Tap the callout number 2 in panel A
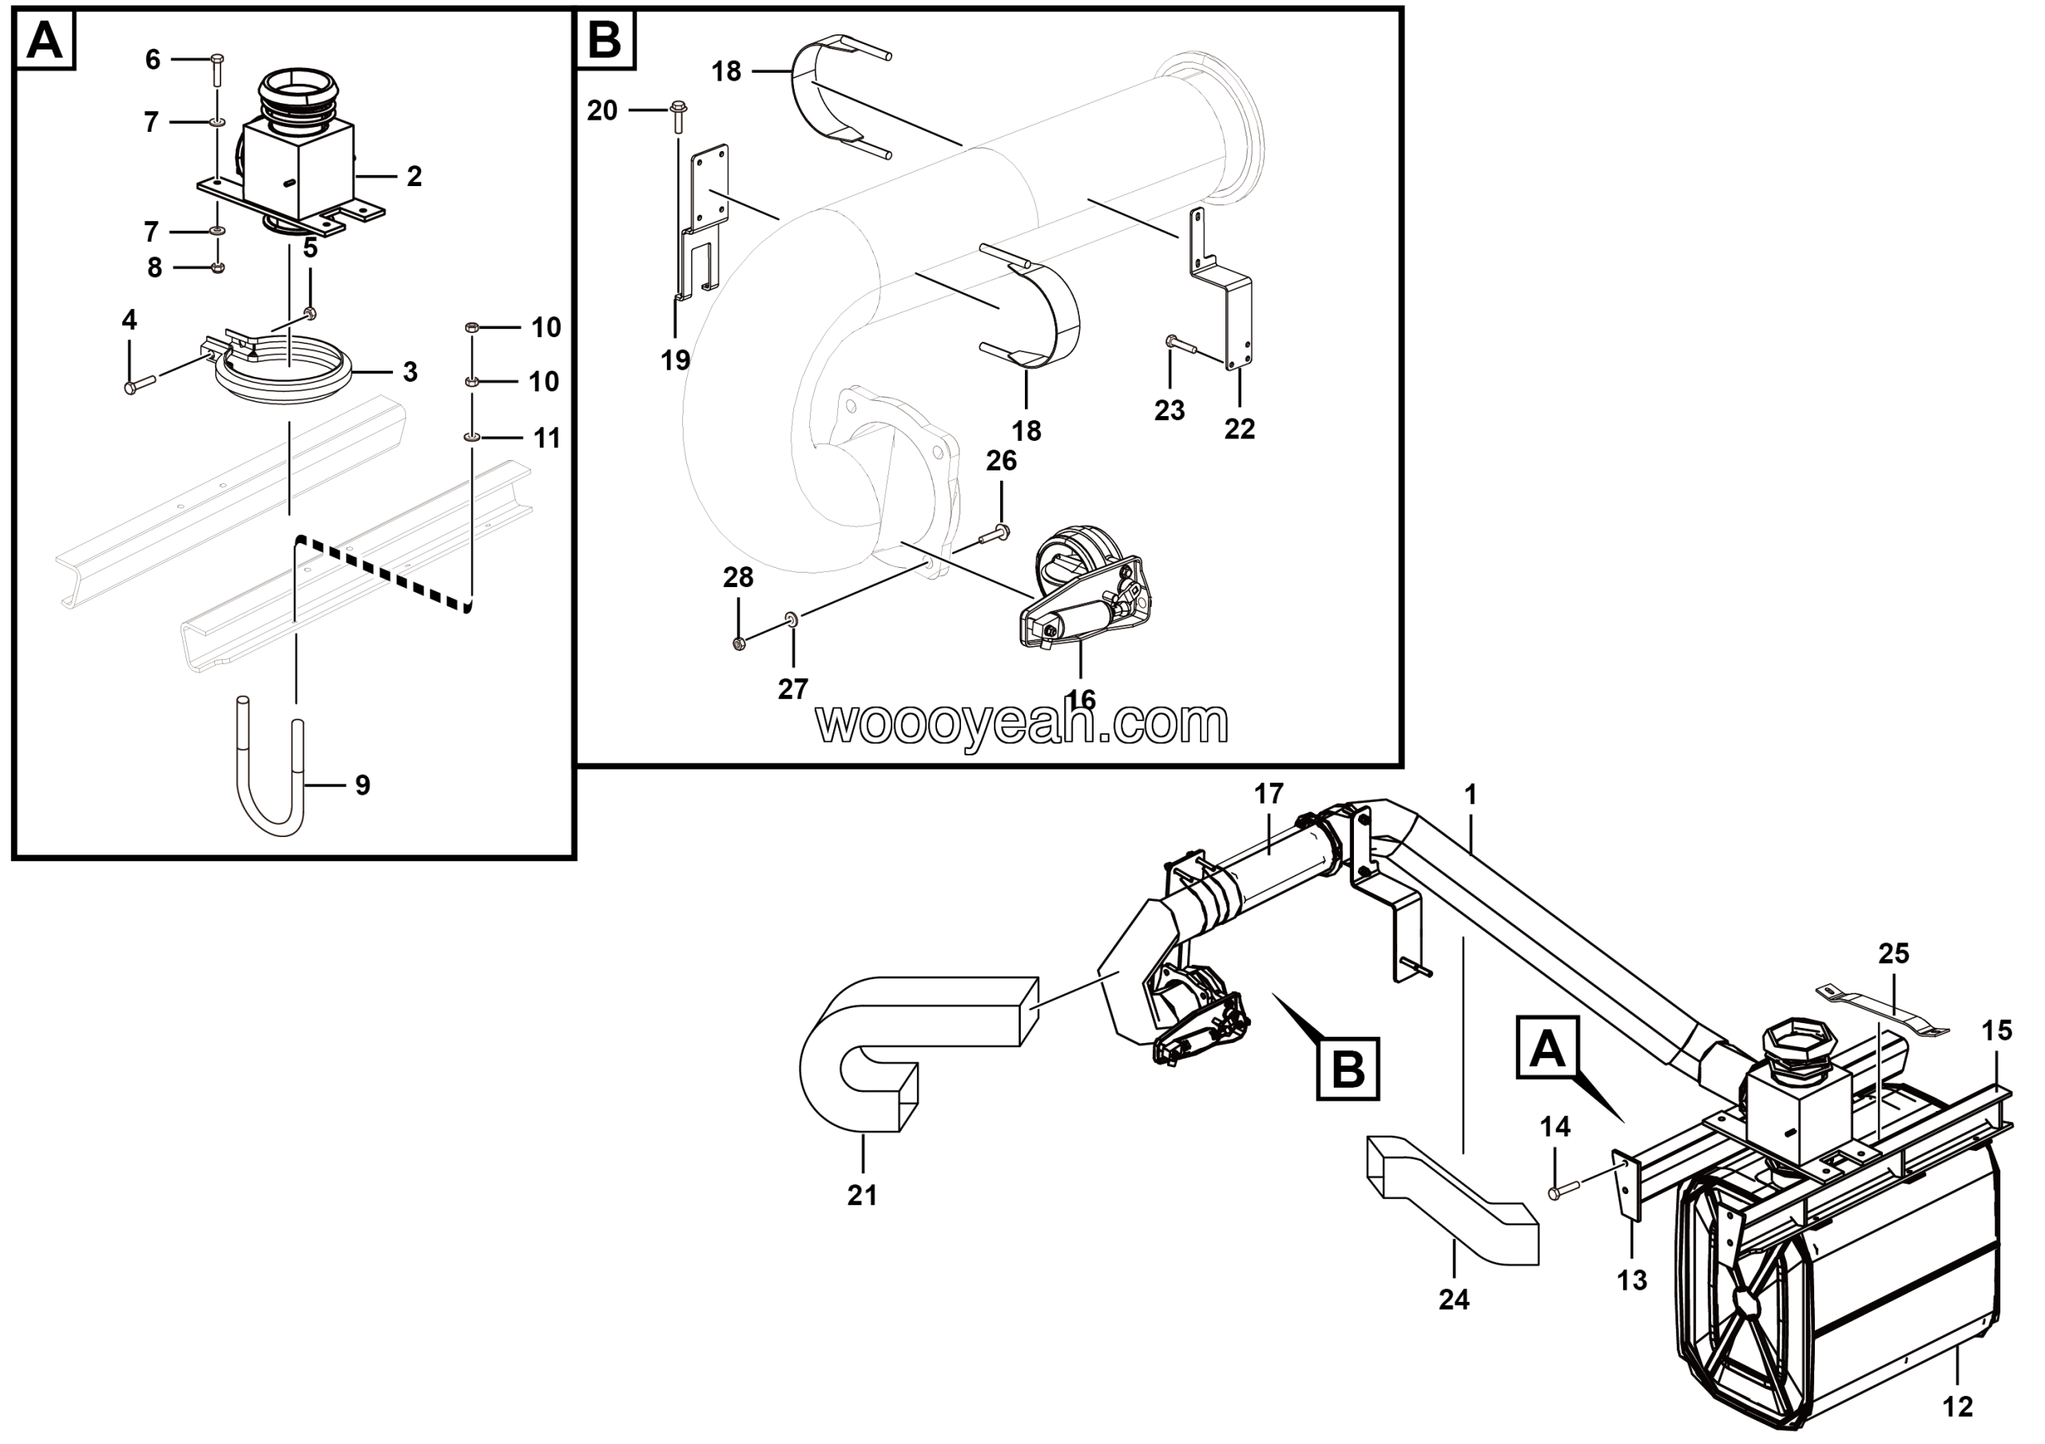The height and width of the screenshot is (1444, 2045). click(414, 177)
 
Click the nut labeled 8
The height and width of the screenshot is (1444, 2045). click(218, 266)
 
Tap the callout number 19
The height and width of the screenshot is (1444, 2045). click(676, 359)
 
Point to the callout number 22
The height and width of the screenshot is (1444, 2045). click(1239, 428)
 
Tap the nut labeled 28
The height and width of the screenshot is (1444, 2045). click(737, 643)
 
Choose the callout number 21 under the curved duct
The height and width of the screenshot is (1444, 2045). click(862, 1195)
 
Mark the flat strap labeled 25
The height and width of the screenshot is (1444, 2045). click(1883, 1010)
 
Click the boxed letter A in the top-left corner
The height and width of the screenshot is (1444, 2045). click(46, 41)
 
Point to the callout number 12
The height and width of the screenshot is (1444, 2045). click(1958, 1406)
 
